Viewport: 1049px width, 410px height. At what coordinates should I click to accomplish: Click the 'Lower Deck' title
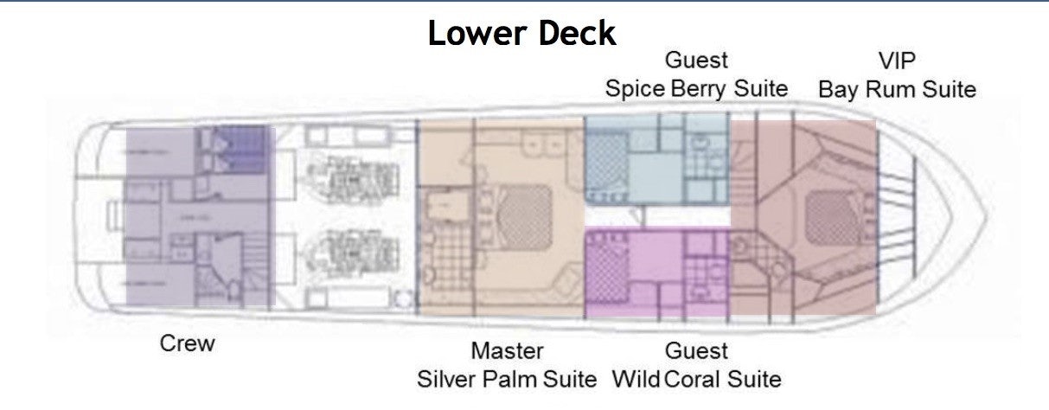(521, 33)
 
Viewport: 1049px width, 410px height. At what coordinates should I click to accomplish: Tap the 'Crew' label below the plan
(187, 343)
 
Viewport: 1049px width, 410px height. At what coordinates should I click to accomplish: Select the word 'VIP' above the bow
(897, 61)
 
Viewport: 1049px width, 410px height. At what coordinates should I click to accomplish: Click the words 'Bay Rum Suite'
(897, 88)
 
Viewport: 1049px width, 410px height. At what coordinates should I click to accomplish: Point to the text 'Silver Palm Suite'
(507, 379)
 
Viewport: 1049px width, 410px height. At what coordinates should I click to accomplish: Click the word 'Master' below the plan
(507, 350)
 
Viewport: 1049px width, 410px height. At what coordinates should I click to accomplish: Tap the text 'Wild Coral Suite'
(696, 379)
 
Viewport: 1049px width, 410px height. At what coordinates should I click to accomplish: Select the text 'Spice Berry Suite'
(696, 88)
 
